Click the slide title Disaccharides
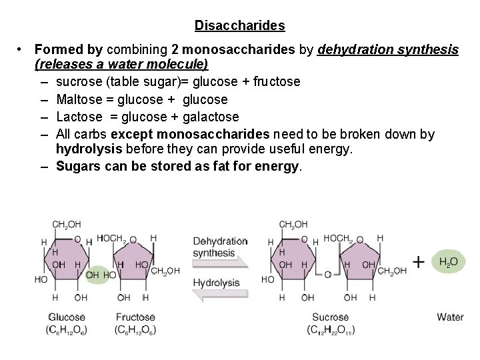240,26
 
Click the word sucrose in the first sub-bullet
79,82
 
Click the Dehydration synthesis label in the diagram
220,247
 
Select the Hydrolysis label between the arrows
216,282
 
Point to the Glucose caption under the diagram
67,317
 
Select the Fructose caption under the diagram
135,317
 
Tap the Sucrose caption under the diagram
329,317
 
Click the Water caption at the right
450,317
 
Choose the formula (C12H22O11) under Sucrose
330,330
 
